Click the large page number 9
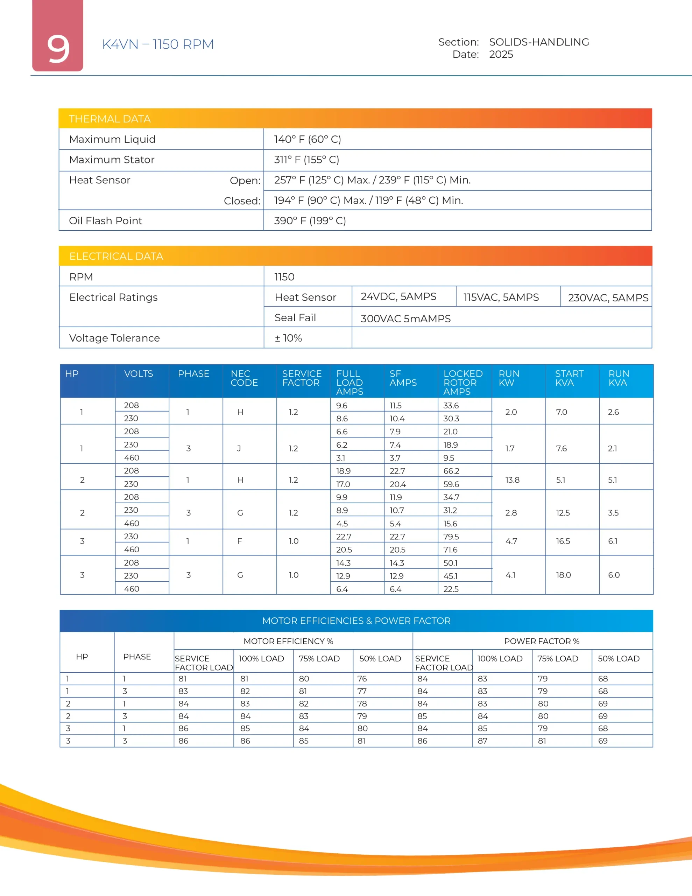[x=58, y=49]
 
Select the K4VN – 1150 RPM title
[x=158, y=44]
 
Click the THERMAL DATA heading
[x=110, y=119]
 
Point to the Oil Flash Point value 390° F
[x=310, y=221]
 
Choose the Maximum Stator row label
[x=112, y=160]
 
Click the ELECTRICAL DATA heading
[x=116, y=257]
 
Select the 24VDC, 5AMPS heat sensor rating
[x=398, y=296]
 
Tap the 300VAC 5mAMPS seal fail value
[x=405, y=319]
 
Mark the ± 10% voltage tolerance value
[x=288, y=338]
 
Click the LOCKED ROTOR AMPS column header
[x=463, y=382]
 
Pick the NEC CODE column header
[x=244, y=378]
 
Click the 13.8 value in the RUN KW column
[x=512, y=480]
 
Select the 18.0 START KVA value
[x=563, y=575]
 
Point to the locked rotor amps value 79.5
[x=451, y=537]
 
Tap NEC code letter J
[x=239, y=448]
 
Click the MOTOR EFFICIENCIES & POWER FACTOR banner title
[x=356, y=621]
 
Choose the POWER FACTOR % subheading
[x=542, y=641]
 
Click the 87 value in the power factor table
[x=482, y=741]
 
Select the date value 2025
[x=501, y=55]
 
